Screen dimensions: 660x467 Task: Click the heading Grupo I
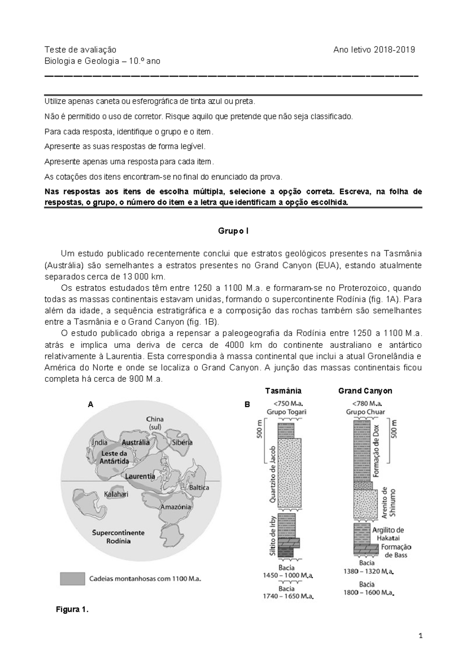pyautogui.click(x=233, y=231)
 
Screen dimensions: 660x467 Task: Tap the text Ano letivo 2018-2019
pyautogui.click(x=374, y=49)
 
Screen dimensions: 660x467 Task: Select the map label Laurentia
pyautogui.click(x=140, y=476)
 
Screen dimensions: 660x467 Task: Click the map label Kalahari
pyautogui.click(x=116, y=494)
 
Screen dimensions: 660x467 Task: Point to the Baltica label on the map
pyautogui.click(x=199, y=487)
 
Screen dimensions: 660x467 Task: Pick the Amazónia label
pyautogui.click(x=176, y=507)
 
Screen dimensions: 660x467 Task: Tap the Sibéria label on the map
pyautogui.click(x=182, y=442)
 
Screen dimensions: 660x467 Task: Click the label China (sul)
pyautogui.click(x=154, y=423)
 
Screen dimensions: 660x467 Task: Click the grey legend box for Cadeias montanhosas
pyautogui.click(x=72, y=578)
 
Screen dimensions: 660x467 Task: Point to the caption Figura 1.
pyautogui.click(x=72, y=609)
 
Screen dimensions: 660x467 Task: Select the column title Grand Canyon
pyautogui.click(x=365, y=391)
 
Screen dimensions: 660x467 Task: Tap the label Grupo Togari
pyautogui.click(x=286, y=412)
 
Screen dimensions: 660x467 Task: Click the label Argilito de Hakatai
pyautogui.click(x=388, y=534)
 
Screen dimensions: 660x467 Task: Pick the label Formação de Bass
pyautogui.click(x=396, y=551)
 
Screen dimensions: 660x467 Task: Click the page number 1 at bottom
pyautogui.click(x=420, y=637)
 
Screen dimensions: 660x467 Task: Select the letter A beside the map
pyautogui.click(x=90, y=404)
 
